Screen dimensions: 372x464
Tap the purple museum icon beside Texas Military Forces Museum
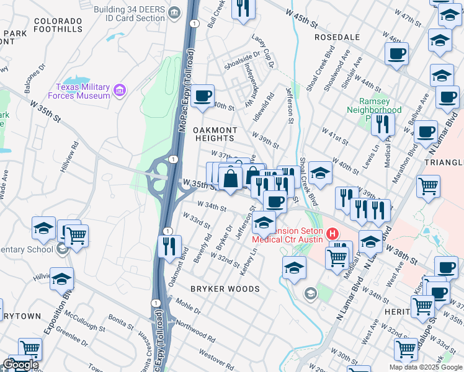click(x=120, y=92)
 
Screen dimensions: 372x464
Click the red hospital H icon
click(x=332, y=234)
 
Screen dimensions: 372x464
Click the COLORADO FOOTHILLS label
click(x=58, y=25)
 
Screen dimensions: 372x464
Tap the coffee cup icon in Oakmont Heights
click(x=202, y=96)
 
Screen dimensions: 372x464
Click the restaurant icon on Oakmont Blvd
click(x=169, y=246)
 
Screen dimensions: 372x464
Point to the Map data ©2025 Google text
click(x=426, y=367)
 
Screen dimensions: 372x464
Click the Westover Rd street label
click(x=216, y=358)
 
